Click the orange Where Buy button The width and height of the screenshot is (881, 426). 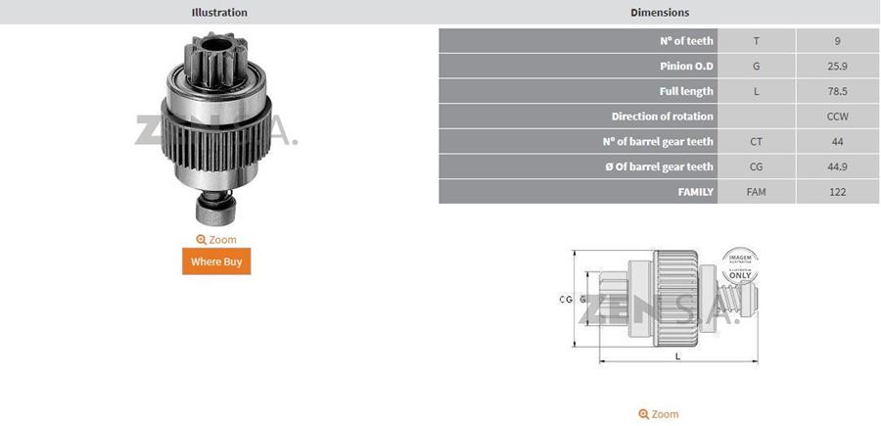click(x=216, y=261)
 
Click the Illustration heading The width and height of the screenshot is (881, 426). click(x=219, y=13)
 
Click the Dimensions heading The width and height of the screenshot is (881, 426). click(x=660, y=13)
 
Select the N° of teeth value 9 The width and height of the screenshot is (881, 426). click(x=837, y=41)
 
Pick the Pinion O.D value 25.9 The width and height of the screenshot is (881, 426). click(x=837, y=67)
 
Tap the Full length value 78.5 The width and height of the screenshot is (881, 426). click(x=837, y=91)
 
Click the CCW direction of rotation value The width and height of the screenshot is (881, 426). click(x=837, y=117)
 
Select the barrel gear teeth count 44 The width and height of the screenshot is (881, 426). click(x=837, y=141)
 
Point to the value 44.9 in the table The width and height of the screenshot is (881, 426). click(x=837, y=166)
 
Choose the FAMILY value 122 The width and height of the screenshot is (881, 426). click(x=837, y=192)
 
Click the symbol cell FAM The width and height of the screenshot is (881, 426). click(x=756, y=192)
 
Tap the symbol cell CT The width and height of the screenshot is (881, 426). click(x=756, y=141)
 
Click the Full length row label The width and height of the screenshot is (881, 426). click(x=686, y=91)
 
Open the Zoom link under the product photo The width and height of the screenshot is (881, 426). click(x=216, y=239)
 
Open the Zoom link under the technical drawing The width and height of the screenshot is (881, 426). click(x=659, y=414)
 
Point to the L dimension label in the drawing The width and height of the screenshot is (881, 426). click(x=677, y=356)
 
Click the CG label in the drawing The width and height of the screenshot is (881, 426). click(x=565, y=300)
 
